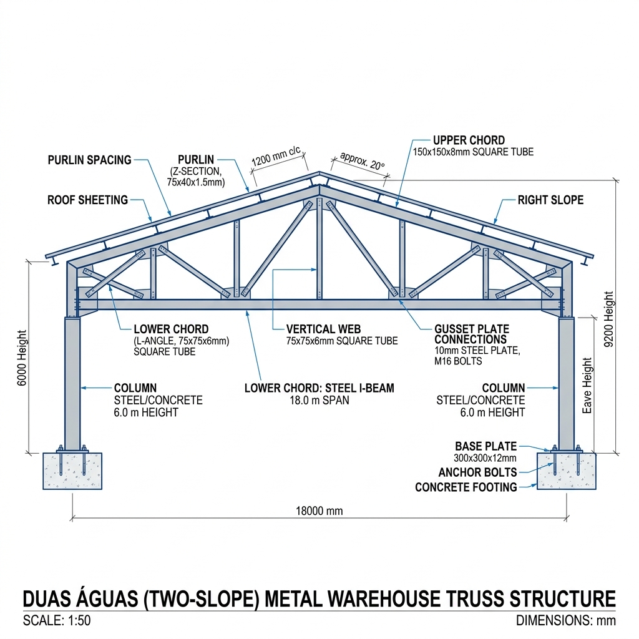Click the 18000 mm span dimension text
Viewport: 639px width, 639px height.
[x=319, y=511]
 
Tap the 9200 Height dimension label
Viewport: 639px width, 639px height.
[x=608, y=319]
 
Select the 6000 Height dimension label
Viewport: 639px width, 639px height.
[x=22, y=358]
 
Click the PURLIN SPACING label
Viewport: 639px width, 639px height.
[x=90, y=160]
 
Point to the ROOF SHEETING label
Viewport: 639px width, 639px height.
[x=87, y=200]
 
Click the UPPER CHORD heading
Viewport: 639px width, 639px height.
[x=469, y=140]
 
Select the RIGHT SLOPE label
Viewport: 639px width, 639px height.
[x=550, y=200]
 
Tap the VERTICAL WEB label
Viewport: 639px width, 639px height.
[x=324, y=329]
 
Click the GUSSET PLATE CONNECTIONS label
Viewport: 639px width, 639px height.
[x=472, y=334]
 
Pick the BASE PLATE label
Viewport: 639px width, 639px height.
[x=485, y=446]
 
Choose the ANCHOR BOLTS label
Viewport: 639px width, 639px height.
[x=477, y=472]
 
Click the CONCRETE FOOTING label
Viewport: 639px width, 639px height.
[x=466, y=487]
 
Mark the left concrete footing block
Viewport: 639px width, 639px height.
[x=72, y=471]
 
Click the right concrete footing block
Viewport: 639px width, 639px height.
[x=566, y=471]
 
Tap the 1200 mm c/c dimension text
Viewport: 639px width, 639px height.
[x=276, y=155]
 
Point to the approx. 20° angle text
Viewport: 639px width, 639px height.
[x=363, y=160]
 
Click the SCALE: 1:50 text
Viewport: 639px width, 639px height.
[x=57, y=620]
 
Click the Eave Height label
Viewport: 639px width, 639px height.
[x=587, y=386]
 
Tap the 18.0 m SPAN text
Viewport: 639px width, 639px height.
[x=319, y=400]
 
